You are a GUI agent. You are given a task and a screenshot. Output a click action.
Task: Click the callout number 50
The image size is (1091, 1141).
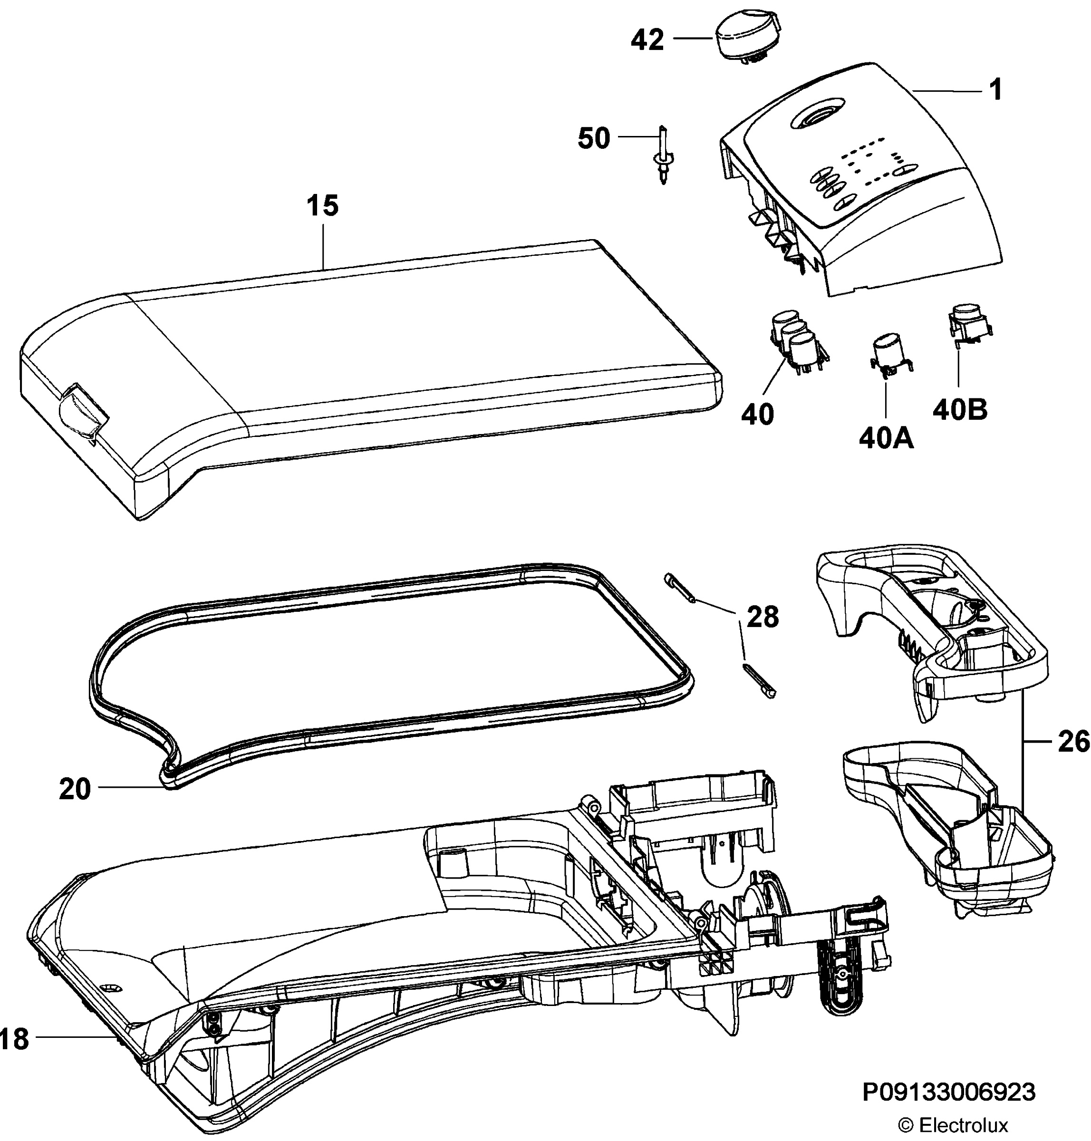click(x=594, y=138)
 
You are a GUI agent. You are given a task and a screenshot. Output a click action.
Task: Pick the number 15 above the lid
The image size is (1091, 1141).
click(x=323, y=206)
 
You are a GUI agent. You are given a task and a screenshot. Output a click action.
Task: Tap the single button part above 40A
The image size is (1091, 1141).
click(x=890, y=356)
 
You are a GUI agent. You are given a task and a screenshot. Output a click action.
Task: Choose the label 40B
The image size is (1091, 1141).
click(x=960, y=410)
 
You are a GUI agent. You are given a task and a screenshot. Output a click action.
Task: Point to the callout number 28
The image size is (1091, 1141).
click(x=763, y=617)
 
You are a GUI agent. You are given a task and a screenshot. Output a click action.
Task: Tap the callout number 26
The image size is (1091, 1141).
click(x=1073, y=743)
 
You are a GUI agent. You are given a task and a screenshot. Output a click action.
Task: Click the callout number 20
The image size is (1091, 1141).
click(x=75, y=790)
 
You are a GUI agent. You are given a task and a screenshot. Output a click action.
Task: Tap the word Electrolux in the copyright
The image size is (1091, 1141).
click(x=963, y=1125)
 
